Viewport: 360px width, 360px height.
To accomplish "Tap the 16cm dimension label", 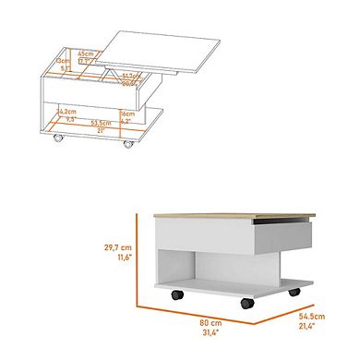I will point(126,114).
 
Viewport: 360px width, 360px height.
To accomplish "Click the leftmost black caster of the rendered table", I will point(173,295).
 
